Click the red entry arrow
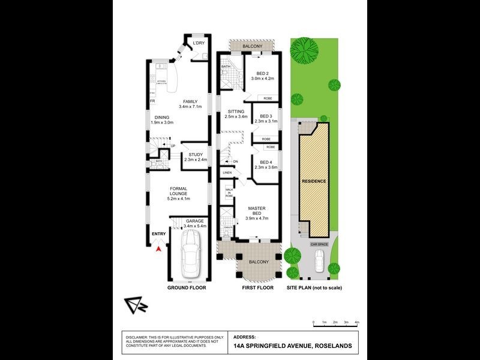(x=159, y=246)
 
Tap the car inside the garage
(x=191, y=252)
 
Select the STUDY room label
(x=195, y=157)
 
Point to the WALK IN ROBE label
(x=229, y=193)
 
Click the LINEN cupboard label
(x=227, y=173)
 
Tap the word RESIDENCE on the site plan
(x=314, y=181)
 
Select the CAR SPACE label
(x=318, y=245)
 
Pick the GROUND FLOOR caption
(x=187, y=288)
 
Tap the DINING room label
(x=161, y=120)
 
